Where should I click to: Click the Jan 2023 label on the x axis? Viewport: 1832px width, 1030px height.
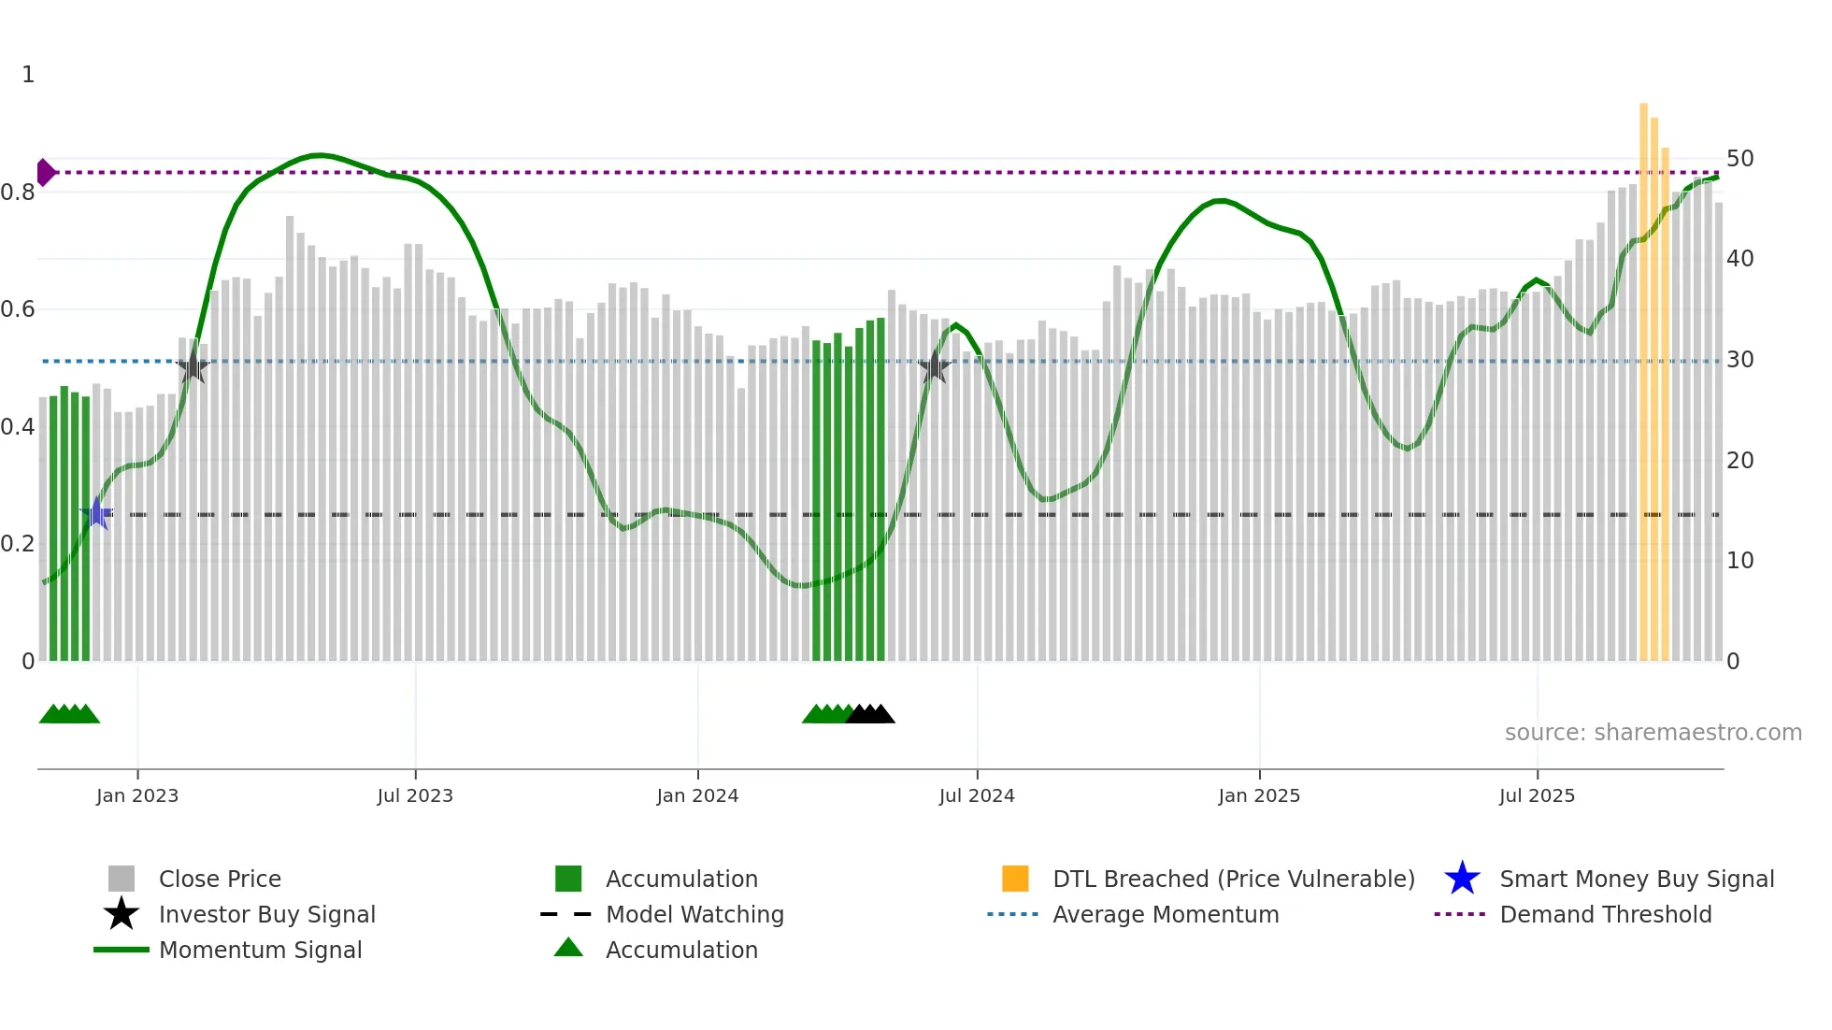(137, 795)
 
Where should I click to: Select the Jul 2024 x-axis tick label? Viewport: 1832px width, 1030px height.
(977, 795)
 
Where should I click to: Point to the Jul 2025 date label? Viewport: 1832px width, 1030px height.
(1537, 795)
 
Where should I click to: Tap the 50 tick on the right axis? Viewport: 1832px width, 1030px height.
(1739, 159)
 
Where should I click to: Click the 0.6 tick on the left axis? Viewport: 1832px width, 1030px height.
(19, 309)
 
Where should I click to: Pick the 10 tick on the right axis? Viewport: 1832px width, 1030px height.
(1739, 561)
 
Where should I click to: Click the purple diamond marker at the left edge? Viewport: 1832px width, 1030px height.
(45, 173)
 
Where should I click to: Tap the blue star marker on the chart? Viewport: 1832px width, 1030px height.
(96, 513)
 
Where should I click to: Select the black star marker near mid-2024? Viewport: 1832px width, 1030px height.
(934, 367)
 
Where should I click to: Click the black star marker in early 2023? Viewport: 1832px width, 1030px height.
(193, 367)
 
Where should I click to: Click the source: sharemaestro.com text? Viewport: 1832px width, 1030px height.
(1653, 733)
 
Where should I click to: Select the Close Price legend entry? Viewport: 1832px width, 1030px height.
(220, 879)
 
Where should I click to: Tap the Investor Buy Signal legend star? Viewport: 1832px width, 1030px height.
(122, 914)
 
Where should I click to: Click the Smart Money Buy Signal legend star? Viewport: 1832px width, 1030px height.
(1462, 879)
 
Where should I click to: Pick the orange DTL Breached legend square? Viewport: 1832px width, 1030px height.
(1015, 879)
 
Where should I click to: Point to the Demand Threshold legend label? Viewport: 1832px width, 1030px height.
(1605, 914)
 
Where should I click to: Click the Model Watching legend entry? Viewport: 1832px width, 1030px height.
(694, 914)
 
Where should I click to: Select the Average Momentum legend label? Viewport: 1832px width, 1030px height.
(1166, 914)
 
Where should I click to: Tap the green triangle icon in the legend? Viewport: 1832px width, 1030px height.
(568, 948)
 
